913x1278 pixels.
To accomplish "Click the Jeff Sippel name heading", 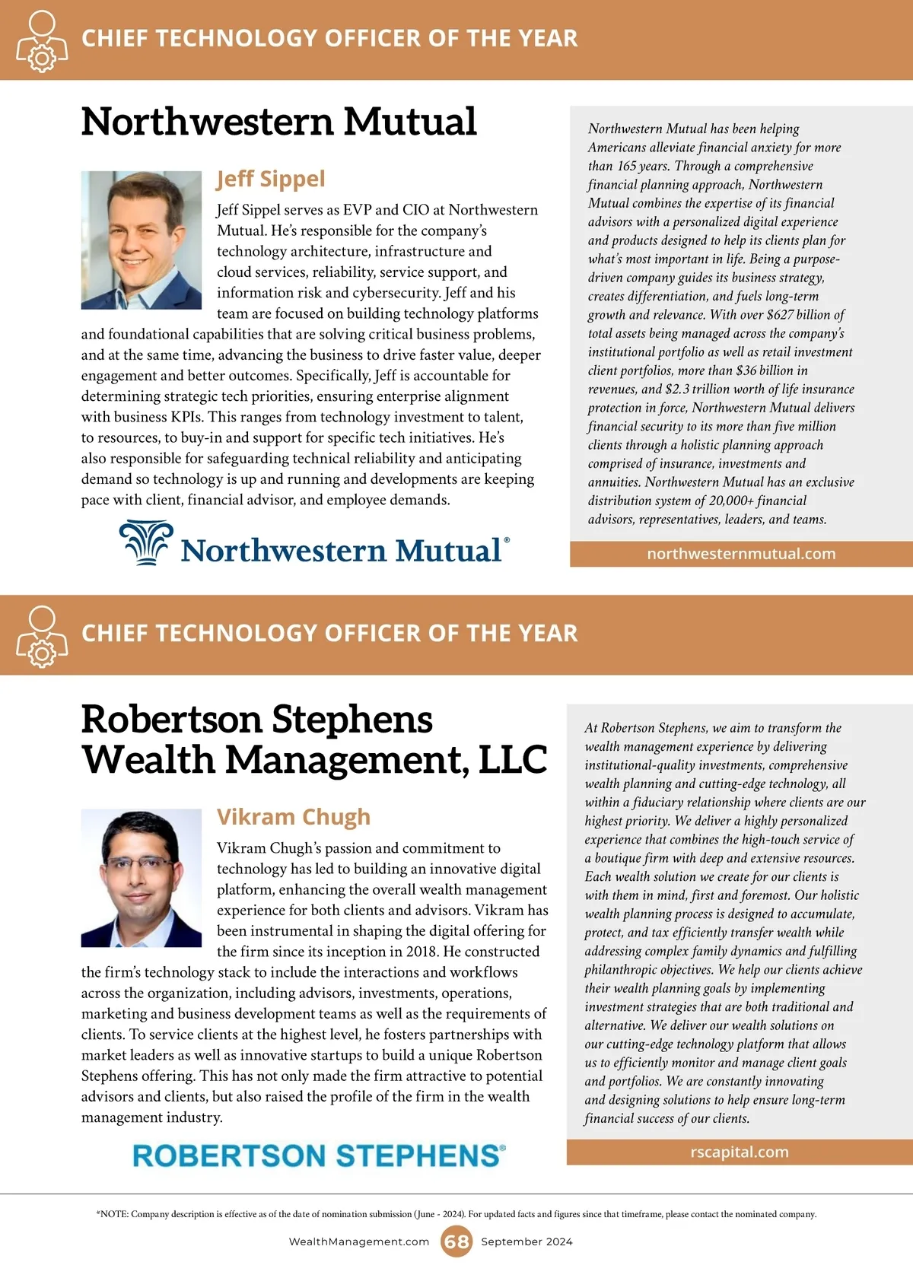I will pos(271,179).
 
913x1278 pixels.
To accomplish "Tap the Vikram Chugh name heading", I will pos(294,817).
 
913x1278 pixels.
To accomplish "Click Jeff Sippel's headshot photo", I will pos(142,240).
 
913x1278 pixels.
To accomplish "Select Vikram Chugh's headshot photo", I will pos(142,878).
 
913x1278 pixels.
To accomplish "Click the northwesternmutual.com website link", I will pos(741,554).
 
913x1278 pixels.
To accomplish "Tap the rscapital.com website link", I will pos(740,1152).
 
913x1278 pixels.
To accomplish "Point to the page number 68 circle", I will pos(456,1241).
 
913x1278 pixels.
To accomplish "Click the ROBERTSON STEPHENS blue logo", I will pos(319,1156).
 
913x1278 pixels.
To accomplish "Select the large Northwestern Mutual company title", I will pos(278,122).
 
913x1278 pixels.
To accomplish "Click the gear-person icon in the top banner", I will pos(41,41).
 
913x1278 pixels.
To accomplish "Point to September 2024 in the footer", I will pos(526,1241).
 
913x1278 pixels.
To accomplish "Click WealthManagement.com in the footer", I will pos(359,1241).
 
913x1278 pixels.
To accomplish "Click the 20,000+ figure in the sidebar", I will pos(731,501).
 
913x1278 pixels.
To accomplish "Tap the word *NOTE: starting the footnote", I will pos(112,1214).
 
